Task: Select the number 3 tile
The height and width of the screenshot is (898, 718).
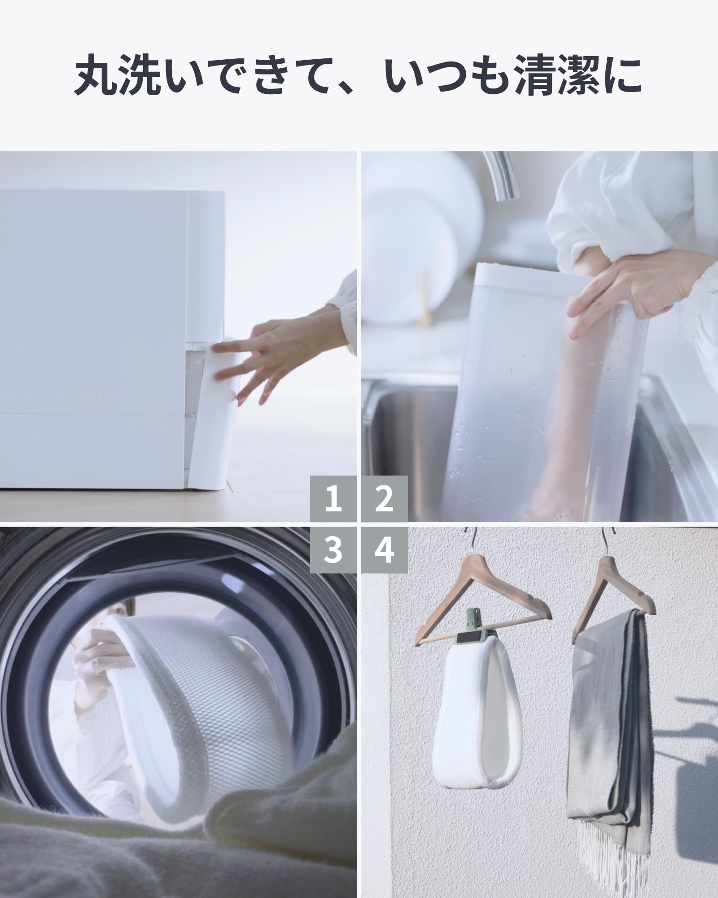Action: [x=333, y=550]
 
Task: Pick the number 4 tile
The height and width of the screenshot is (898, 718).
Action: [x=385, y=550]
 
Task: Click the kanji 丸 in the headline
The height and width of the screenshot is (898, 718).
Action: [x=96, y=75]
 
